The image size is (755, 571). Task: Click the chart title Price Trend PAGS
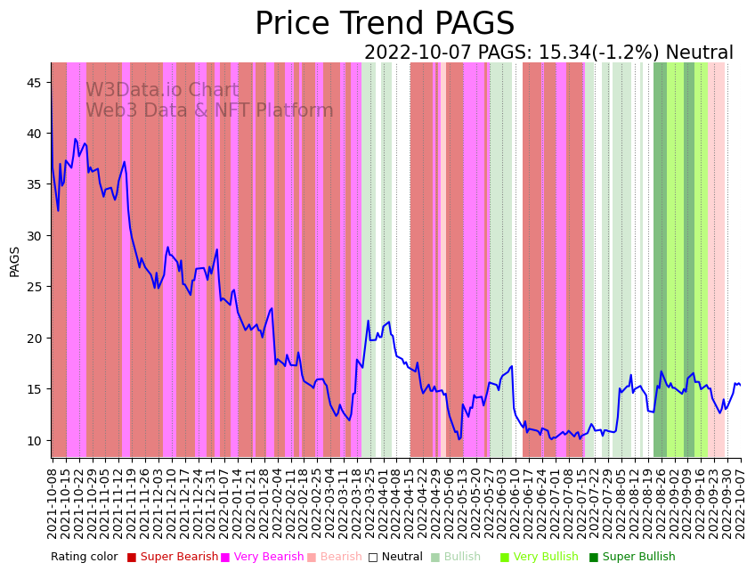[385, 24]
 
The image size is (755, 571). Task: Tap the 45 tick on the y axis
[34, 83]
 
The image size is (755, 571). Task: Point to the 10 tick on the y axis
[34, 440]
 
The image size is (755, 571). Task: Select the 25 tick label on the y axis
[34, 287]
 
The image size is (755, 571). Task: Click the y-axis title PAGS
[15, 261]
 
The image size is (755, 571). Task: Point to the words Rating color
[84, 557]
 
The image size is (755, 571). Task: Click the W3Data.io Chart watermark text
[162, 91]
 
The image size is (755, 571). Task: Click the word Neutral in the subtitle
[699, 53]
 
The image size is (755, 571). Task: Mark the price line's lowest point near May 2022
[459, 438]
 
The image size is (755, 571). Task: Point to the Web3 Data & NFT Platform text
[209, 110]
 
